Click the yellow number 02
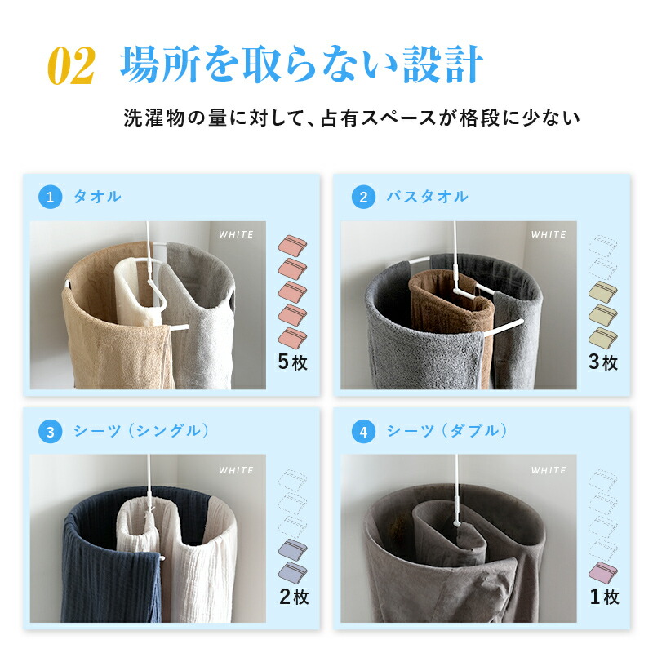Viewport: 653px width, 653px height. point(71,65)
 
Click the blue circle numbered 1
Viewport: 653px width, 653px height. point(51,197)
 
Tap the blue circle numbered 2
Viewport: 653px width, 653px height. point(363,197)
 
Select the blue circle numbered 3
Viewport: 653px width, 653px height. point(51,432)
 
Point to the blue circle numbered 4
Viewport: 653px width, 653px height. point(363,432)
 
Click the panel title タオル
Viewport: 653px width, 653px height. point(97,197)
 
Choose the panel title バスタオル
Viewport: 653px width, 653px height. point(427,197)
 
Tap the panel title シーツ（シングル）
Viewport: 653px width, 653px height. point(141,431)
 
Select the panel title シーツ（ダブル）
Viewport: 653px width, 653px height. point(447,431)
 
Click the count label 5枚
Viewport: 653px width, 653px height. point(293,362)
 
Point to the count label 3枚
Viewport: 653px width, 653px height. point(603,362)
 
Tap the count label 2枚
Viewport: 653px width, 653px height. point(294,597)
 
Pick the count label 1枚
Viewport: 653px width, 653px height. point(604,597)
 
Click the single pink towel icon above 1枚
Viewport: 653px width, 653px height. point(603,572)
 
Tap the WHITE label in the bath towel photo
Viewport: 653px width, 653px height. point(549,234)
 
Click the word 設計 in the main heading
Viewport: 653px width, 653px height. point(442,65)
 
